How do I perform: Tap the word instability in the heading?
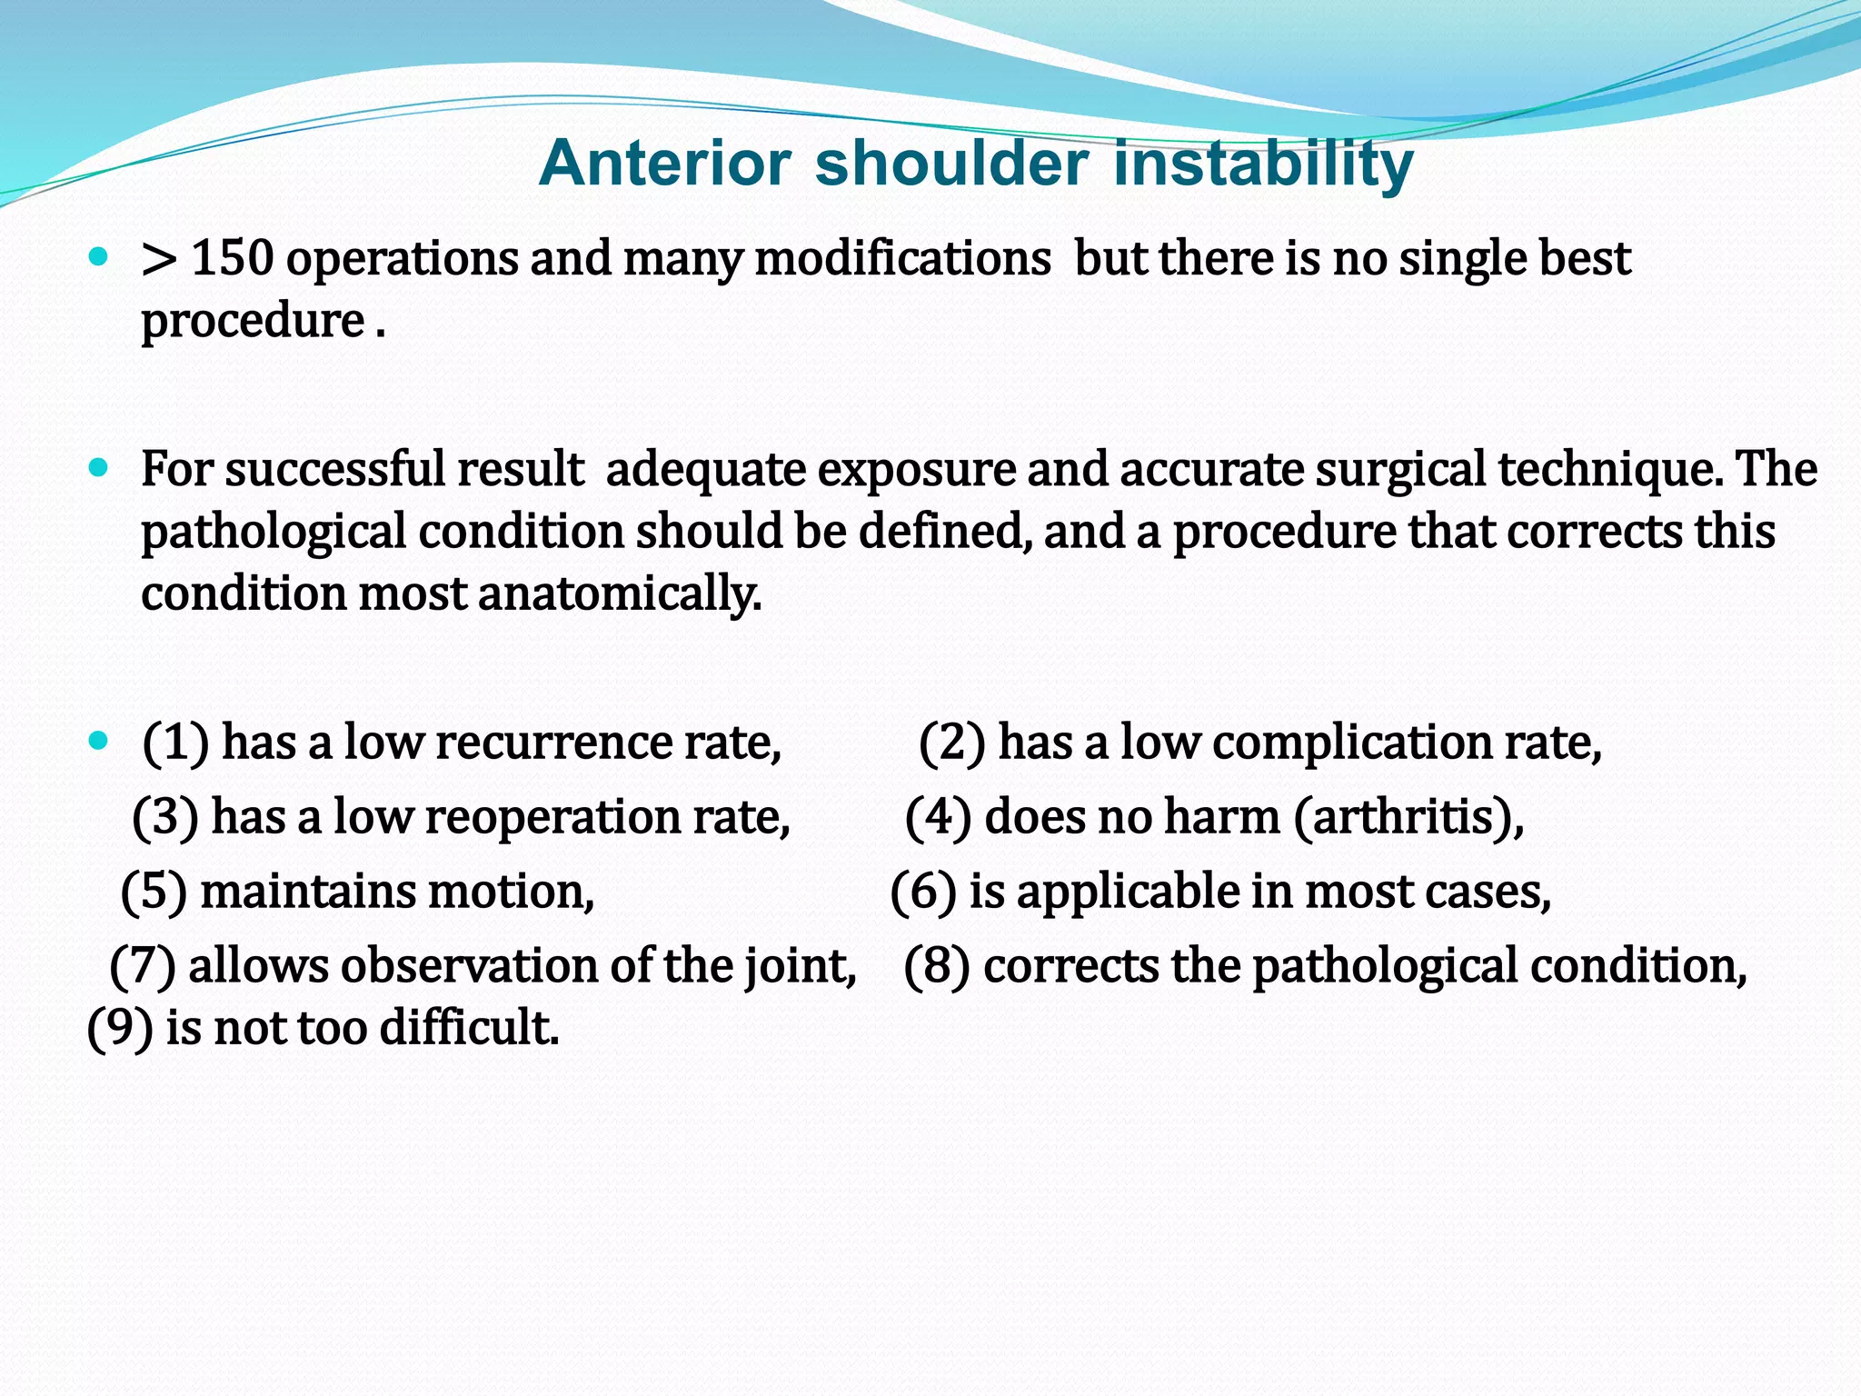pyautogui.click(x=1263, y=164)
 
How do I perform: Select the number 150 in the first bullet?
pyautogui.click(x=233, y=258)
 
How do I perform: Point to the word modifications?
pyautogui.click(x=902, y=258)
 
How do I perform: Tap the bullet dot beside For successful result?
pyautogui.click(x=99, y=469)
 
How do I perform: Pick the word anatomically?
pyautogui.click(x=619, y=593)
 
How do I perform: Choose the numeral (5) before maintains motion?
pyautogui.click(x=154, y=891)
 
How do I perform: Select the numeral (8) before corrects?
pyautogui.click(x=937, y=965)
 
